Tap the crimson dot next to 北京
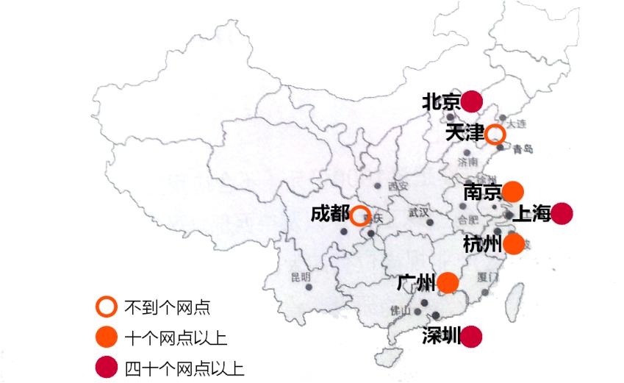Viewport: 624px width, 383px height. [471, 101]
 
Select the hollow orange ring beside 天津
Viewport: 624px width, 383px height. [495, 134]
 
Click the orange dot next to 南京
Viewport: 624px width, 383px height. [513, 191]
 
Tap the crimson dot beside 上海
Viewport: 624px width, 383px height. [562, 213]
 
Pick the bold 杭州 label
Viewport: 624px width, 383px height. [482, 244]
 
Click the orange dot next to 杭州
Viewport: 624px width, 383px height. [514, 244]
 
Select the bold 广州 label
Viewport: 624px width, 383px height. [415, 282]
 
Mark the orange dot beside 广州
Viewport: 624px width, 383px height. [447, 282]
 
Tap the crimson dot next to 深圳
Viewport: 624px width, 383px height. [471, 337]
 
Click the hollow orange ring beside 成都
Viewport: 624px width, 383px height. [359, 215]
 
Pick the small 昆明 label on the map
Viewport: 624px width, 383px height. [301, 276]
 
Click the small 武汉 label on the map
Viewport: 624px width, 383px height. [419, 212]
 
